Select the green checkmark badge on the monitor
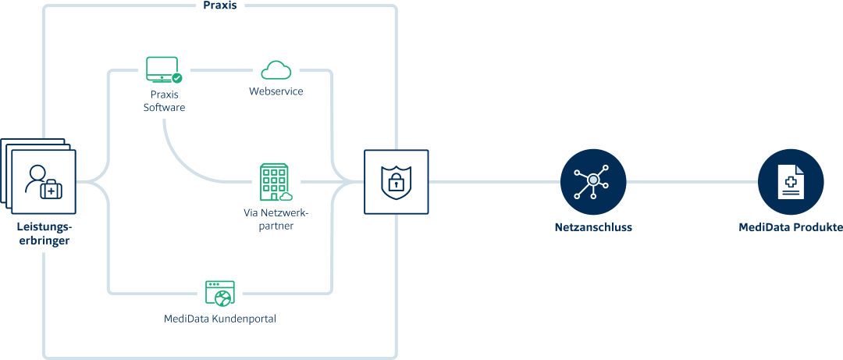pyautogui.click(x=177, y=77)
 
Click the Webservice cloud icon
pyautogui.click(x=276, y=70)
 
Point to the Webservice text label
pyautogui.click(x=276, y=91)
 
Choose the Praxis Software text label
pyautogui.click(x=164, y=100)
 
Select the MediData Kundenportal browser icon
pyautogui.click(x=219, y=293)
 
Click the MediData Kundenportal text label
pyautogui.click(x=220, y=319)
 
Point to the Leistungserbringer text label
pyautogui.click(x=44, y=233)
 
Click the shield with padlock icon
pyautogui.click(x=396, y=182)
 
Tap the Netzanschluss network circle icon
pyautogui.click(x=593, y=182)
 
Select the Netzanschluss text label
pyautogui.click(x=593, y=228)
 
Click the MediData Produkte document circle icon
pyautogui.click(x=791, y=182)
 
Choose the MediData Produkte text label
pyautogui.click(x=791, y=228)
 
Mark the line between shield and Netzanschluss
pyautogui.click(x=494, y=182)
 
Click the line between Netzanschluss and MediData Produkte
pyautogui.click(x=692, y=182)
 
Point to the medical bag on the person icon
pyautogui.click(x=52, y=189)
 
